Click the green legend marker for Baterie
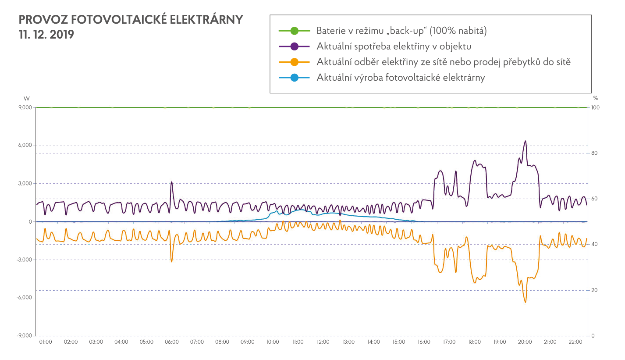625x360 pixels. click(295, 31)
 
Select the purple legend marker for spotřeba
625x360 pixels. click(295, 46)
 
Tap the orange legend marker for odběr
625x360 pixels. click(295, 62)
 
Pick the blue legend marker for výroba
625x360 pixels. click(295, 78)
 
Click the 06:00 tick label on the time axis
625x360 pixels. click(172, 342)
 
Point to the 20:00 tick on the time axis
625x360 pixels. click(525, 342)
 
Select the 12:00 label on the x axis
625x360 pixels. click(323, 342)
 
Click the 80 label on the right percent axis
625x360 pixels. click(595, 153)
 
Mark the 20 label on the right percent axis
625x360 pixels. click(595, 290)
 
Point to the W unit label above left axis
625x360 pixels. click(26, 98)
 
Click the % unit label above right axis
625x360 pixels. click(595, 98)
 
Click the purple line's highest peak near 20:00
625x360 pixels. click(525, 141)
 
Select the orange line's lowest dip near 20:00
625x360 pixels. click(525, 302)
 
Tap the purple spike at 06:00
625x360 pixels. click(171, 182)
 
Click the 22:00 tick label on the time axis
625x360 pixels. click(575, 342)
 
